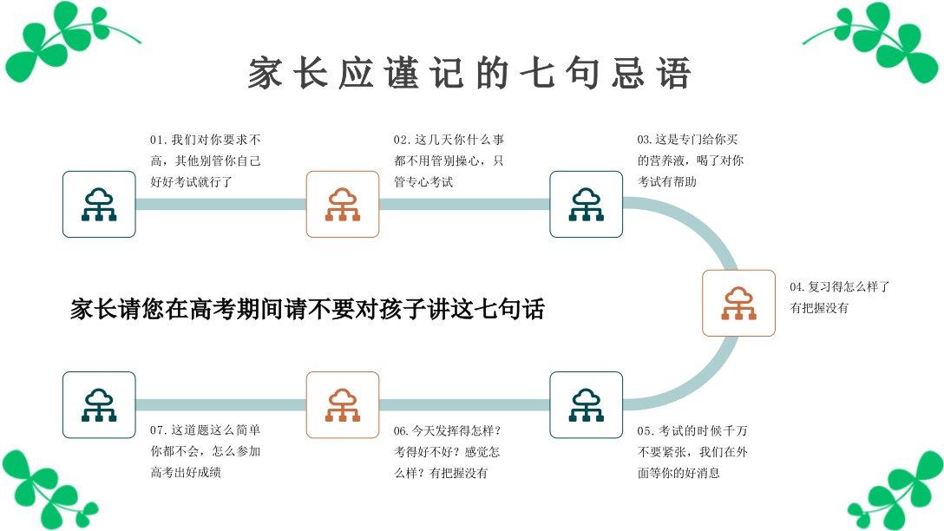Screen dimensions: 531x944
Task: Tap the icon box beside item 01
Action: [99, 204]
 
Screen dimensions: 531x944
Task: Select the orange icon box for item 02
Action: [343, 204]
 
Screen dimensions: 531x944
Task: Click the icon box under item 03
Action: [587, 204]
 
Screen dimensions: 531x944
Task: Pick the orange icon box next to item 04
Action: [738, 303]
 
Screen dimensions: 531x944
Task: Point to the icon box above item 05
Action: [587, 404]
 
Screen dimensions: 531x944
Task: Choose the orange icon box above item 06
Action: [343, 404]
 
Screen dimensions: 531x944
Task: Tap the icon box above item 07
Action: [99, 404]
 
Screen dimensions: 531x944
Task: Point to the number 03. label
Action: [646, 140]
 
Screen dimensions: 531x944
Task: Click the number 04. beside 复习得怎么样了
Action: [798, 287]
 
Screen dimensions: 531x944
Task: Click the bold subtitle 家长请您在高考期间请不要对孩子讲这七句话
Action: [307, 310]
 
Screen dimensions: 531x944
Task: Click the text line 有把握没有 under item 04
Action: [819, 308]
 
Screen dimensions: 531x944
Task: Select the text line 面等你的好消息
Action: [679, 473]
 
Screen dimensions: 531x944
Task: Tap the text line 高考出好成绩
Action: [186, 473]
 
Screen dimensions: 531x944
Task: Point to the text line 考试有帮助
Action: [667, 181]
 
